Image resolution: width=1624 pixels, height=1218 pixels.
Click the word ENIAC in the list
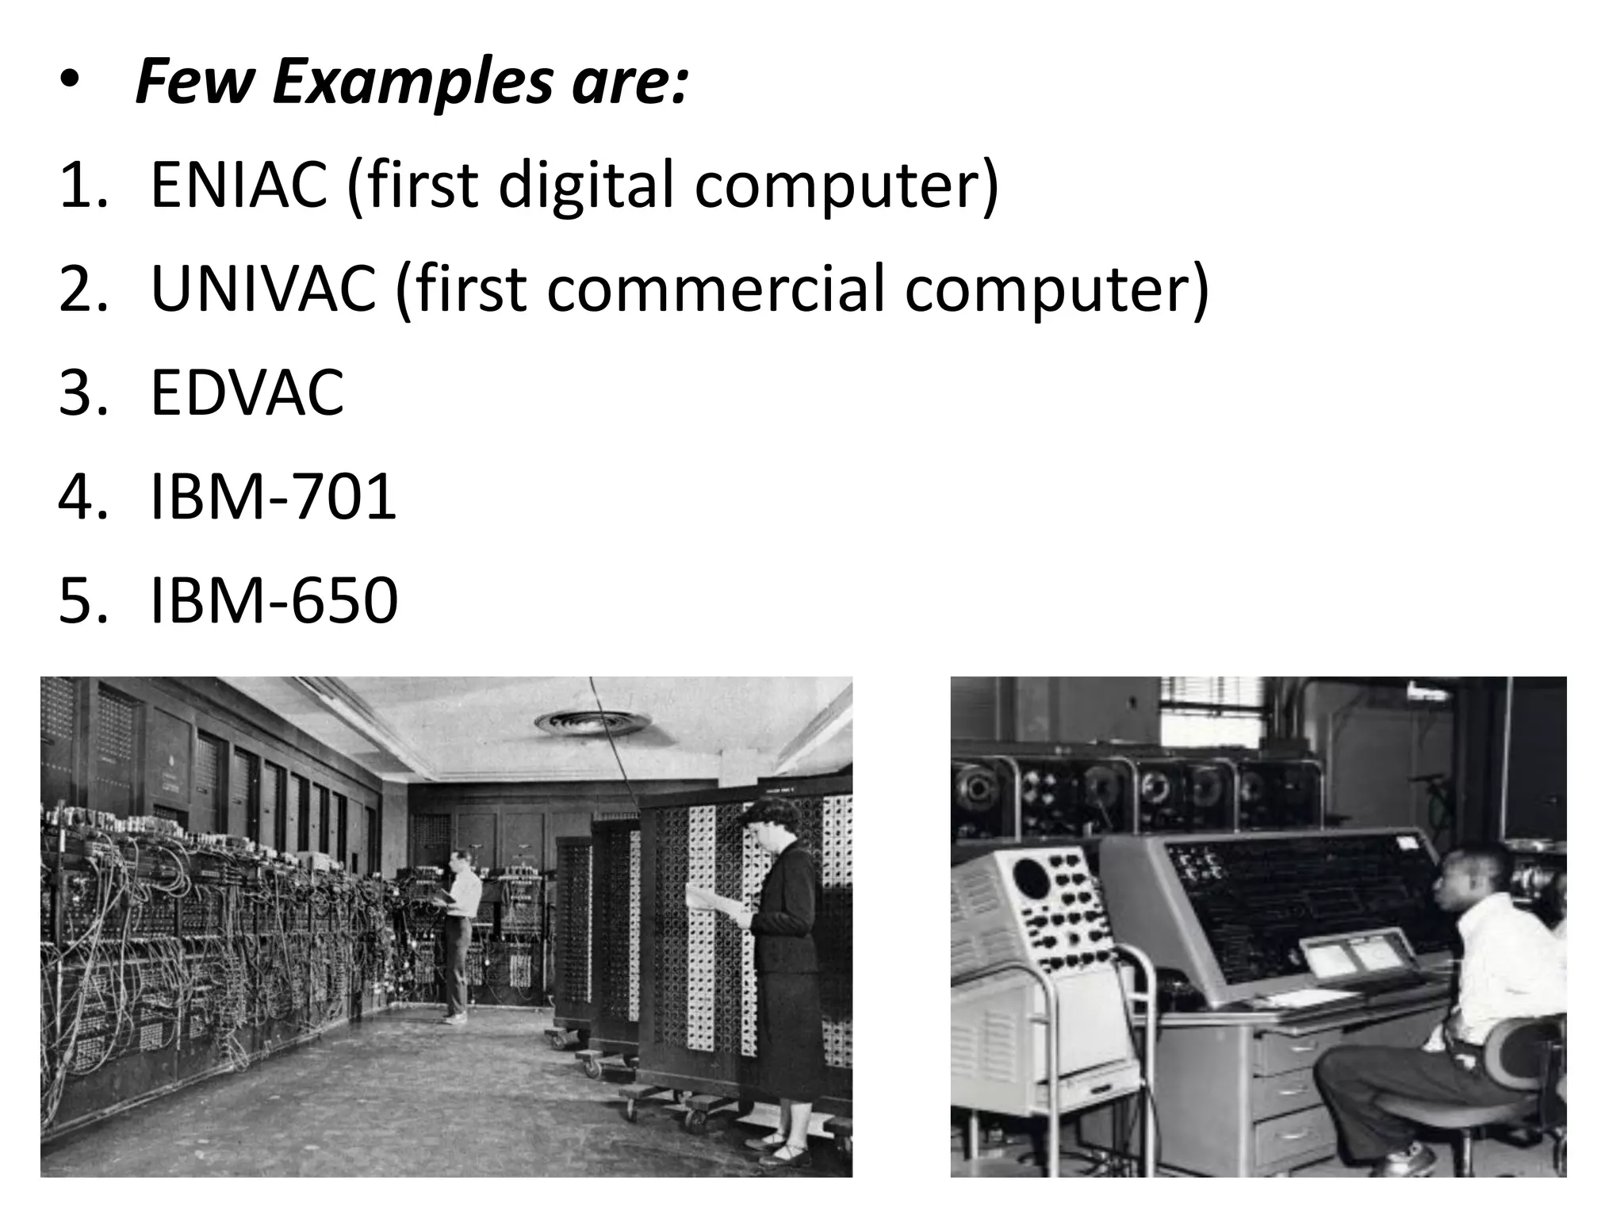coord(238,184)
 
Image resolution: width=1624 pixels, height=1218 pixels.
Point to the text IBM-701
coord(273,496)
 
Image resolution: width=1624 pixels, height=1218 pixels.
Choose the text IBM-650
coord(274,600)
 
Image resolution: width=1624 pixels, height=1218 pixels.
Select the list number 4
coord(78,496)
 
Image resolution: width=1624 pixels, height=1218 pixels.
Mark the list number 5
coord(78,600)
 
